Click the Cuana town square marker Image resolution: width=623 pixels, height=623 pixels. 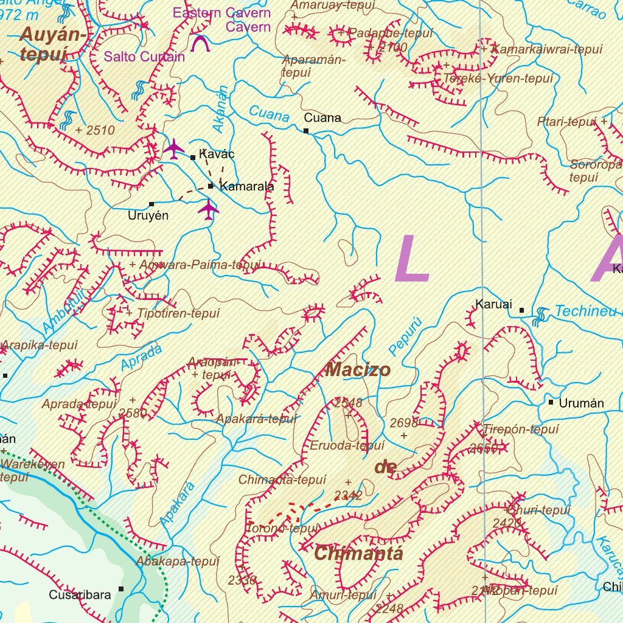point(306,131)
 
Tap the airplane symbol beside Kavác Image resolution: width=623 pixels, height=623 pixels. point(174,149)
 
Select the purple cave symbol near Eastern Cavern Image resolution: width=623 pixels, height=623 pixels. point(200,43)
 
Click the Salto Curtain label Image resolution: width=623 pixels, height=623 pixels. point(144,57)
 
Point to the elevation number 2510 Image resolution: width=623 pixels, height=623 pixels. point(100,130)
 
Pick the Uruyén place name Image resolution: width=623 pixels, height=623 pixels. point(148,215)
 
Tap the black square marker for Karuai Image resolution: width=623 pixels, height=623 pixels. point(521,310)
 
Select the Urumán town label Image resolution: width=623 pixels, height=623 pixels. point(582,403)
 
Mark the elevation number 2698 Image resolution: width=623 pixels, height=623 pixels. point(404,423)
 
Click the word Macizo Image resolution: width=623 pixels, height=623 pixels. point(358,369)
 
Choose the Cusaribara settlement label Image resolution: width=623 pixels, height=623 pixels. point(80,594)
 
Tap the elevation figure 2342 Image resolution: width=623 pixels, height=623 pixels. point(349,496)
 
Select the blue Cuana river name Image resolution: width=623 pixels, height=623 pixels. point(269,114)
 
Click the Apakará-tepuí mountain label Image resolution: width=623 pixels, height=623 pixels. point(257,419)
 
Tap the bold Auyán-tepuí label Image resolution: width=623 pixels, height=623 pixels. point(52,44)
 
